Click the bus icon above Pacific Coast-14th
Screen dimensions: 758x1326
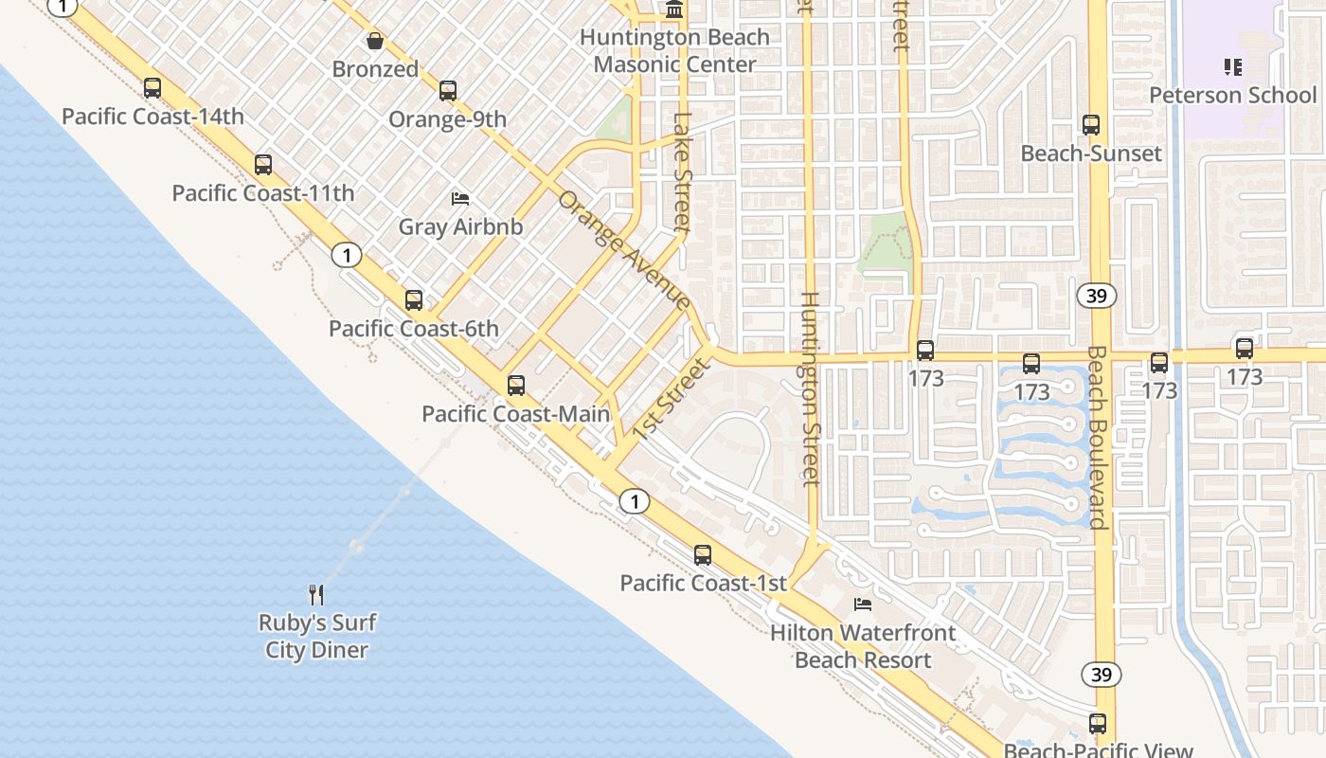[x=152, y=88]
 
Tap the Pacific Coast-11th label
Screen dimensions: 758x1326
[x=263, y=193]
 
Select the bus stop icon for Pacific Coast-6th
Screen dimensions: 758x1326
[x=414, y=300]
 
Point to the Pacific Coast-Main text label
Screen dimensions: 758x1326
[x=515, y=414]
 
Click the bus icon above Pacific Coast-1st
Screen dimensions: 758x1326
[x=702, y=555]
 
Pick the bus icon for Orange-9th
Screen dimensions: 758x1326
[x=448, y=91]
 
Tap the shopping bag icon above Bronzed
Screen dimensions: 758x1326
[x=375, y=41]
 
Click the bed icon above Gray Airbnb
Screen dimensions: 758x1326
[x=460, y=199]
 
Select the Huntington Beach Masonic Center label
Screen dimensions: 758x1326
[x=674, y=51]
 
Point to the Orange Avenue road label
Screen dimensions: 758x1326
[x=624, y=250]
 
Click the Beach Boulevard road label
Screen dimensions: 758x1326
[x=1097, y=436]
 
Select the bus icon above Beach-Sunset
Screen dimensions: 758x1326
[x=1091, y=125]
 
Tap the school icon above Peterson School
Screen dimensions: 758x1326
[x=1232, y=66]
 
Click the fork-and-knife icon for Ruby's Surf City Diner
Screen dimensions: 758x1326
[x=317, y=595]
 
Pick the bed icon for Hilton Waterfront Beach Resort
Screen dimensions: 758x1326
[x=862, y=605]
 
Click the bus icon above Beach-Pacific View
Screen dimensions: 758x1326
[x=1098, y=724]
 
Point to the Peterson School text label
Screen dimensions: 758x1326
[x=1232, y=96]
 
